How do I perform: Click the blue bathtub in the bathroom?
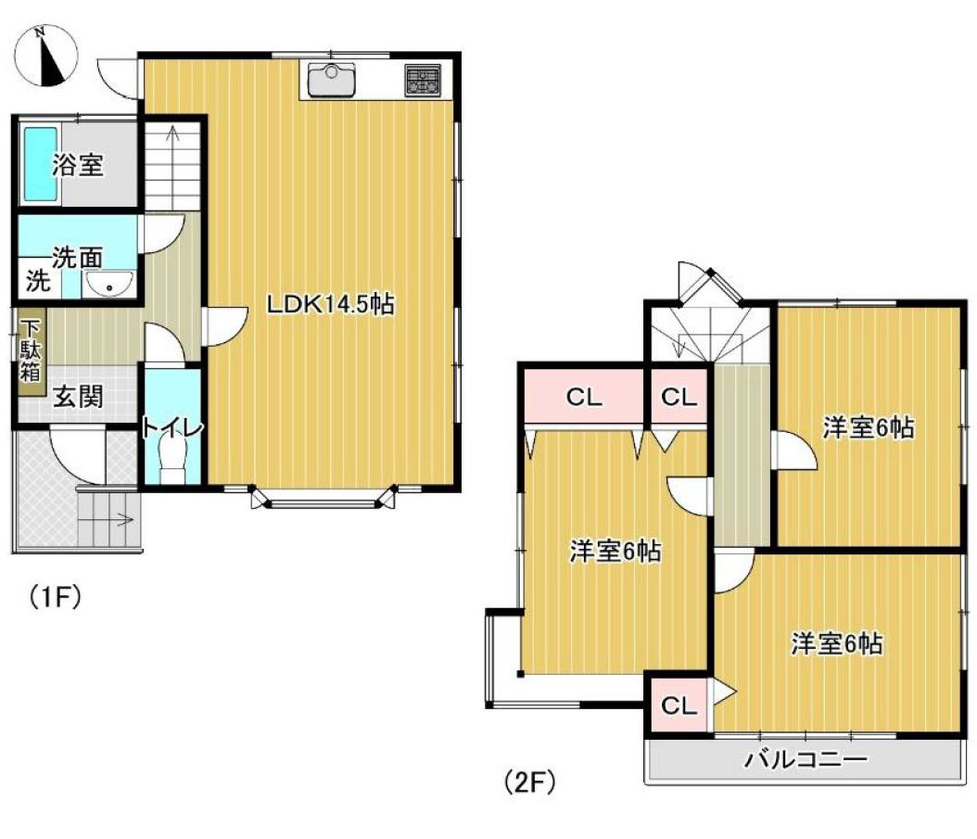pyautogui.click(x=40, y=164)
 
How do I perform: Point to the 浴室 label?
pyautogui.click(x=78, y=167)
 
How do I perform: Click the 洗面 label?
pyautogui.click(x=77, y=258)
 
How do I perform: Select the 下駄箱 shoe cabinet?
pyautogui.click(x=31, y=351)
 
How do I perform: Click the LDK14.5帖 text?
pyautogui.click(x=331, y=304)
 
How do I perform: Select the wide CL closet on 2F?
pyautogui.click(x=584, y=398)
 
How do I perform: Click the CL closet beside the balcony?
pyautogui.click(x=679, y=706)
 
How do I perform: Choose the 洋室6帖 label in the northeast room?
pyautogui.click(x=869, y=428)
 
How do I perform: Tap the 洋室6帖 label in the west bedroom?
pyautogui.click(x=615, y=553)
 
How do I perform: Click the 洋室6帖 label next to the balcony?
pyautogui.click(x=836, y=644)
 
